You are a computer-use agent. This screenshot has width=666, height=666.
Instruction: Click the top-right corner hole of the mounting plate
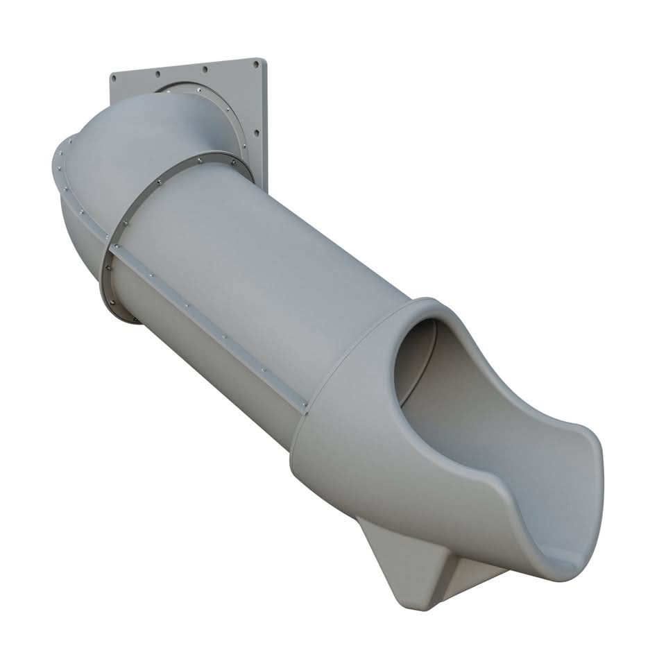coord(256,65)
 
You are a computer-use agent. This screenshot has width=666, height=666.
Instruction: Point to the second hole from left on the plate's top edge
coord(158,72)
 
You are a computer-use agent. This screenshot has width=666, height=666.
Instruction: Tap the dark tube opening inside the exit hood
coord(414,361)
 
